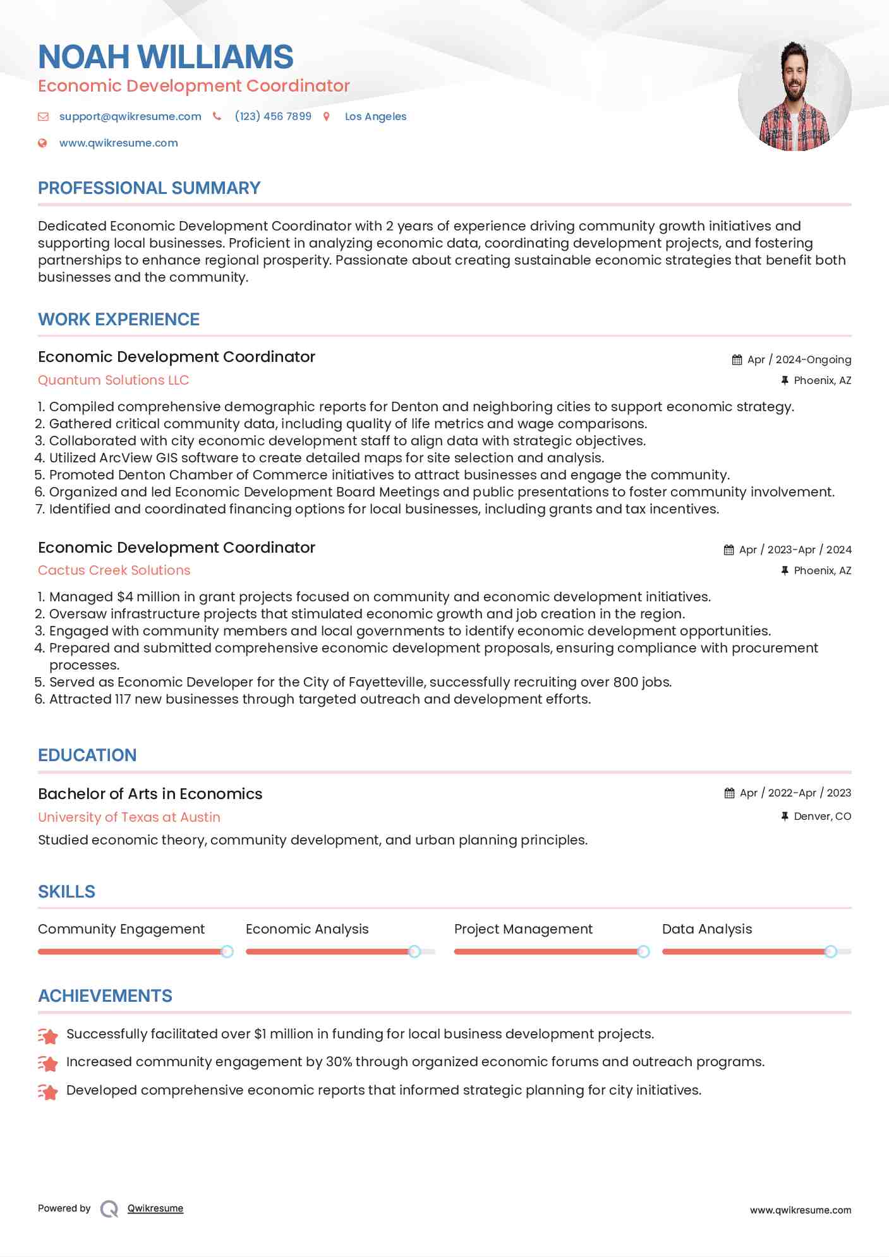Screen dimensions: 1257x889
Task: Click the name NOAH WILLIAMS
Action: (166, 57)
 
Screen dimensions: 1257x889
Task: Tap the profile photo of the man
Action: (794, 95)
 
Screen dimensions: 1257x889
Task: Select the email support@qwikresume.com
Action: (130, 116)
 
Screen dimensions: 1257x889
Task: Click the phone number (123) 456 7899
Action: (273, 116)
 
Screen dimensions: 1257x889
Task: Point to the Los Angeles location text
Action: (375, 116)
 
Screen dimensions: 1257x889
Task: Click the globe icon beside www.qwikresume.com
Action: (42, 143)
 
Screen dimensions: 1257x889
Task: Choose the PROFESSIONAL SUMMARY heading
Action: (149, 188)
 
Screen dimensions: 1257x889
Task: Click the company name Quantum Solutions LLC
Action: (114, 380)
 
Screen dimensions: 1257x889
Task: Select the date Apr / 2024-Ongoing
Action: (799, 359)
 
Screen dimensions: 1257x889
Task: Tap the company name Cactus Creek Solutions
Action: (114, 570)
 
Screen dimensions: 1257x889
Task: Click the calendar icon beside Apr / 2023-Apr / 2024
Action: (729, 550)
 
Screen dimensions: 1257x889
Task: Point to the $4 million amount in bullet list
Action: (148, 597)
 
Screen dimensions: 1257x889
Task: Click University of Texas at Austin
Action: (129, 817)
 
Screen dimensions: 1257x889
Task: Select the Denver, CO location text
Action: (822, 816)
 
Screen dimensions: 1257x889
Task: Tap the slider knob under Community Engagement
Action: (227, 951)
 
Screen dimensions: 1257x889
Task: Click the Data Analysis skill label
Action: (707, 929)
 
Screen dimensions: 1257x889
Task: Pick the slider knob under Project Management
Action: (643, 951)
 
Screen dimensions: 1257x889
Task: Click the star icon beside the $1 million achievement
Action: (48, 1035)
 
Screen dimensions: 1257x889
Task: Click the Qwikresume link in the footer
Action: (155, 1208)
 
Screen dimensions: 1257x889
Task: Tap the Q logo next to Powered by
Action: (109, 1209)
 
